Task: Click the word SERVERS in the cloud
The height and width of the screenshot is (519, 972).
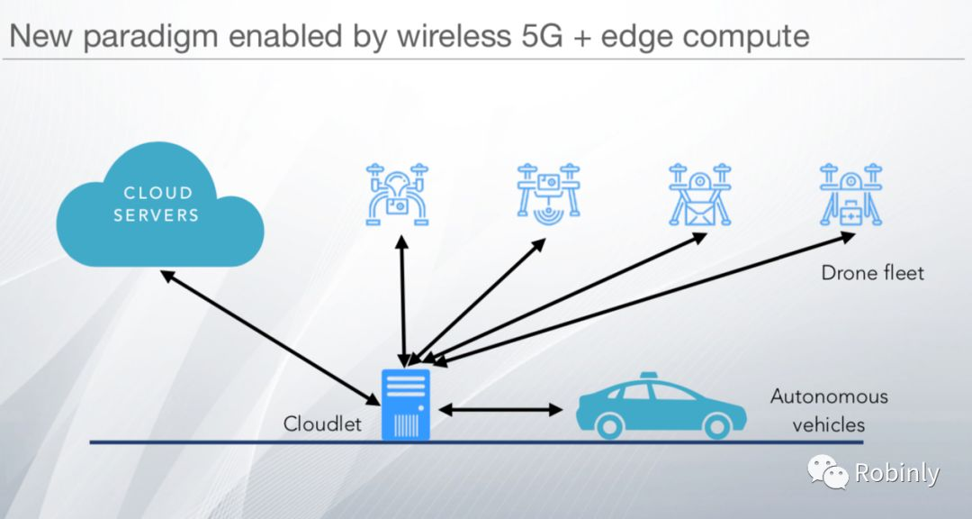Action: tap(162, 216)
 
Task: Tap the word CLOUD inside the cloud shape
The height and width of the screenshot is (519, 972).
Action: tap(158, 192)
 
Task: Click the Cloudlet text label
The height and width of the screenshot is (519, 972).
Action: tap(323, 423)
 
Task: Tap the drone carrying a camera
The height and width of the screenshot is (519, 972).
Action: tap(397, 193)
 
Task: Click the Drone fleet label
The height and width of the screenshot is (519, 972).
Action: tap(872, 272)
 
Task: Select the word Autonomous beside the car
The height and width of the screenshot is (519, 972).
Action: tap(829, 396)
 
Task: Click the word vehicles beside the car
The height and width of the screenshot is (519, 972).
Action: tap(828, 424)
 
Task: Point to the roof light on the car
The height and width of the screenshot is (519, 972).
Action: tap(651, 377)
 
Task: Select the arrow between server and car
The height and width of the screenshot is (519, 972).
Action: tap(499, 410)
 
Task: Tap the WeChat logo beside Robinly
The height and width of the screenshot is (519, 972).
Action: tap(827, 471)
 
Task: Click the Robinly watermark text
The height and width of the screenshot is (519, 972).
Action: tap(896, 473)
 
